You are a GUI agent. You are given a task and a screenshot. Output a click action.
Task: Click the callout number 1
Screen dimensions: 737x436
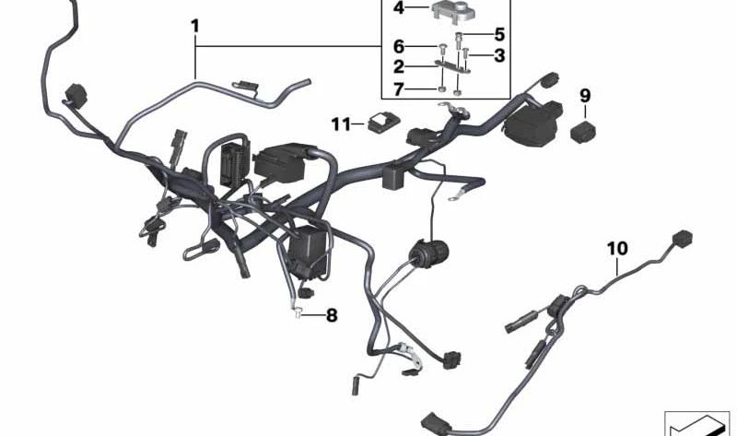(x=195, y=26)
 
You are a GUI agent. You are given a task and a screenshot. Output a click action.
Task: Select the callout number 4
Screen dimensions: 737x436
(x=399, y=7)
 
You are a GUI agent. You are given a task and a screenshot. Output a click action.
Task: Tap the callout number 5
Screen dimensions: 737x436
(x=499, y=34)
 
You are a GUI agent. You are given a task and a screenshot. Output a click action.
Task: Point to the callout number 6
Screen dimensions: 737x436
(x=399, y=47)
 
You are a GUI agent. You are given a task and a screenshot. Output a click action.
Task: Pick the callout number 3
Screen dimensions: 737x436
(x=499, y=55)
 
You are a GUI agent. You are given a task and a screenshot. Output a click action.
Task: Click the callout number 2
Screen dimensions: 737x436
(x=399, y=66)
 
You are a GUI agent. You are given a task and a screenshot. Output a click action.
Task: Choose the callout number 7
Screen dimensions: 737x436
(x=399, y=88)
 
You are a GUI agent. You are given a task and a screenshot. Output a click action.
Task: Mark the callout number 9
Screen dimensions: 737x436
(x=585, y=96)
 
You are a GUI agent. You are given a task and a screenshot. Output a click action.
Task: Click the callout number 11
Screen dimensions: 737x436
(x=341, y=124)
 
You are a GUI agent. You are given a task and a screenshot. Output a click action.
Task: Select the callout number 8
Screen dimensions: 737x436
(x=332, y=315)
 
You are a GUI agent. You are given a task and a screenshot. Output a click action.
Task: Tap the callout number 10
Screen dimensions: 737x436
(x=617, y=248)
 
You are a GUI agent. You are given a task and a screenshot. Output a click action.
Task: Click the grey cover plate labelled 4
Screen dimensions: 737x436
(x=453, y=11)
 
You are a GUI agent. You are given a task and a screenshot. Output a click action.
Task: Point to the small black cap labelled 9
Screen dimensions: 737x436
(x=583, y=131)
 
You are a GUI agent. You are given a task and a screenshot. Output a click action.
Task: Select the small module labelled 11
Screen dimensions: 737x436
(x=383, y=124)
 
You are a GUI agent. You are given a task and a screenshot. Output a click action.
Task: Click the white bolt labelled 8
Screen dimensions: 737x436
(x=298, y=312)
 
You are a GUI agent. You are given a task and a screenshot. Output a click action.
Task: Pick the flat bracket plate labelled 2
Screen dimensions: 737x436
(x=452, y=67)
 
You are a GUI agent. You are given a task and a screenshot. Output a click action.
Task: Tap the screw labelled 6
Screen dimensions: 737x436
(x=442, y=48)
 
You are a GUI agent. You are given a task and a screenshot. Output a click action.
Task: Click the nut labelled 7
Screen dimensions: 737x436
(x=442, y=88)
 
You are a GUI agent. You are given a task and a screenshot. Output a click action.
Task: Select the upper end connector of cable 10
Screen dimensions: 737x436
(x=683, y=238)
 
